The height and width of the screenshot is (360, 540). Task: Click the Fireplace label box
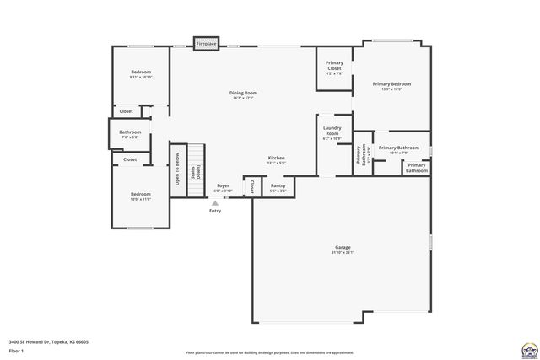(x=207, y=43)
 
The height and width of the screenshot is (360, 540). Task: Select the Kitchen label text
(x=277, y=158)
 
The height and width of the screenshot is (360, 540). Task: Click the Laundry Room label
(x=332, y=131)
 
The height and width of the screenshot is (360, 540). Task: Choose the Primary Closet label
(x=334, y=65)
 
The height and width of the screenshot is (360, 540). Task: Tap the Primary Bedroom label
(x=391, y=84)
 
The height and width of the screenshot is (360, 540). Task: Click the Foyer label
(x=223, y=185)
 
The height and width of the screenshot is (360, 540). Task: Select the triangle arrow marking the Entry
(x=215, y=202)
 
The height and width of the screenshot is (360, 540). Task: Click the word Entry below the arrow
(x=215, y=211)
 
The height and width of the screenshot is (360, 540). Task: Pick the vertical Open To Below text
(x=177, y=169)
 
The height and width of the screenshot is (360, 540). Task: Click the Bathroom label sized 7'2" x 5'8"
(x=130, y=132)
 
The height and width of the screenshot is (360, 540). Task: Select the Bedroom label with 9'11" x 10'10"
(x=140, y=73)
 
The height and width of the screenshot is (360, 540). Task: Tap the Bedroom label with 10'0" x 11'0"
(x=140, y=194)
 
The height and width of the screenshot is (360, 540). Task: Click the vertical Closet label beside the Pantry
(x=251, y=186)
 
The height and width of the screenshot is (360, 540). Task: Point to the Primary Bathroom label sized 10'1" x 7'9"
(x=398, y=148)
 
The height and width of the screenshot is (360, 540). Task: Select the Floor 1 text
(x=17, y=350)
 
